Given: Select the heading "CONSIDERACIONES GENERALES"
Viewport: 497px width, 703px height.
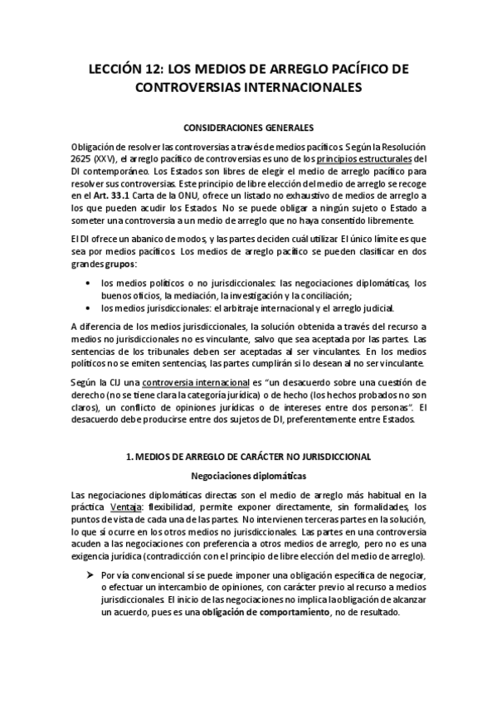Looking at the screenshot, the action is point(248,128).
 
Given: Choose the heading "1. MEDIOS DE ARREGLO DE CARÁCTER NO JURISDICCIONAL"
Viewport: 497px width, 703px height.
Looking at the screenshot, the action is point(248,458).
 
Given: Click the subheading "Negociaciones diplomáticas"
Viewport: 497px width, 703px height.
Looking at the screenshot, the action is point(248,476).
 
